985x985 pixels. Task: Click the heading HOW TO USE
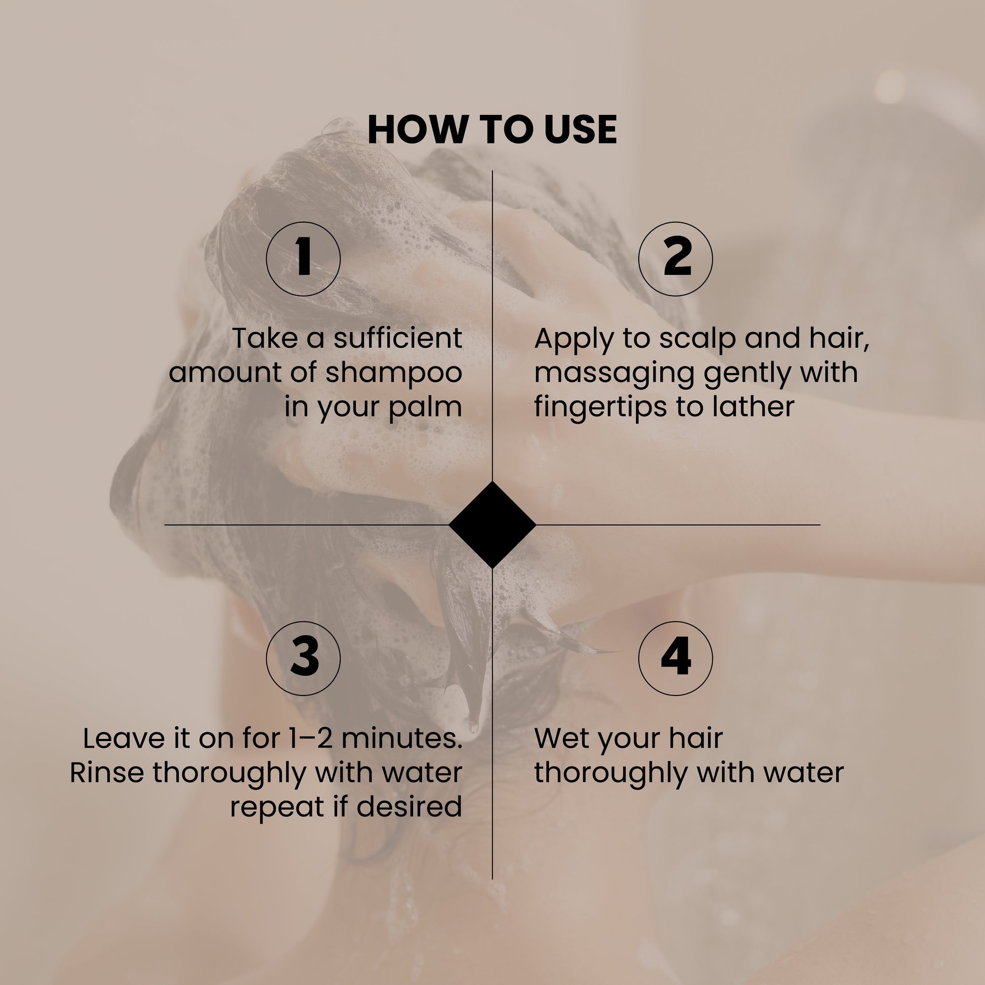(x=492, y=130)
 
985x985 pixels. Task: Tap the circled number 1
(x=303, y=259)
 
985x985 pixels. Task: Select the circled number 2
(x=676, y=259)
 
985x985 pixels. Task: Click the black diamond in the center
(x=492, y=524)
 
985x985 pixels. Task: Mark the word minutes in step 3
(x=401, y=738)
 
